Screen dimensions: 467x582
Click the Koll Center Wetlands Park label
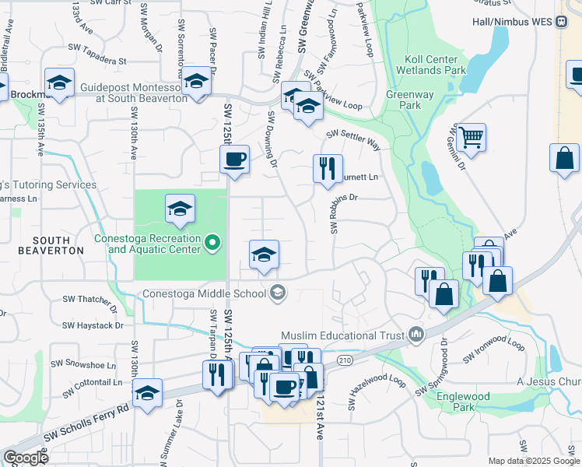pyautogui.click(x=434, y=65)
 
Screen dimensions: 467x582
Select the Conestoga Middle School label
pyautogui.click(x=204, y=293)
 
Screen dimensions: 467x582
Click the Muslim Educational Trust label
pyautogui.click(x=342, y=335)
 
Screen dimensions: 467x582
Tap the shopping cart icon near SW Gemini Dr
pyautogui.click(x=472, y=138)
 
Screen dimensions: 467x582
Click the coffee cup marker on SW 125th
pyautogui.click(x=234, y=160)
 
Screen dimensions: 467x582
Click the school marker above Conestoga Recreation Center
pyautogui.click(x=180, y=209)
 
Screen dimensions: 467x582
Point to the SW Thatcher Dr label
pyautogui.click(x=87, y=300)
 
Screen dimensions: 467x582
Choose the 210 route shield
pyautogui.click(x=345, y=360)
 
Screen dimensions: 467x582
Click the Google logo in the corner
pyautogui.click(x=26, y=457)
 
